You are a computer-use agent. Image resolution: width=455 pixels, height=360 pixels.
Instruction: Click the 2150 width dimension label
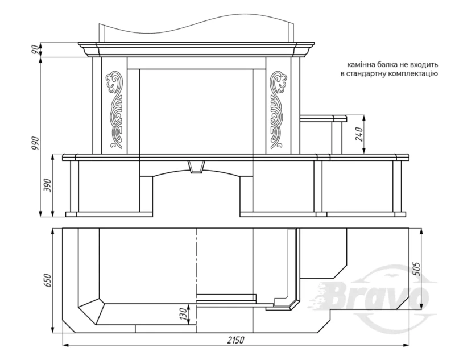pos(236,340)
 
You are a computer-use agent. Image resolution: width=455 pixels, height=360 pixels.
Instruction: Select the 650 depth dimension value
pos(48,280)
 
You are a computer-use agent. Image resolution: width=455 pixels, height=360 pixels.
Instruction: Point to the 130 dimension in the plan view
pos(183,315)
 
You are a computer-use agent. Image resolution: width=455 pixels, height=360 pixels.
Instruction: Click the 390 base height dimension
pos(47,185)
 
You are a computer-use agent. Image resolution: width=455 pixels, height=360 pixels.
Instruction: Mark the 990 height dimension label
pos(36,143)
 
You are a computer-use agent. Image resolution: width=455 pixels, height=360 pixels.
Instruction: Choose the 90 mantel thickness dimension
pos(36,49)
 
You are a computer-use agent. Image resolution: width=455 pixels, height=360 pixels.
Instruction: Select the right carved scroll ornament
pos(278,109)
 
